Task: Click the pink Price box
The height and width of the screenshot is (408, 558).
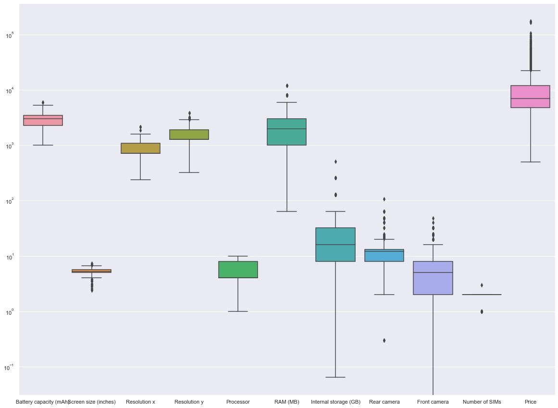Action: point(530,97)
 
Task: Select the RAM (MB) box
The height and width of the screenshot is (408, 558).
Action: point(286,132)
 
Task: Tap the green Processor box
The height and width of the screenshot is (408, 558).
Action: point(238,270)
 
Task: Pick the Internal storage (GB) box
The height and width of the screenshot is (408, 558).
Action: point(335,245)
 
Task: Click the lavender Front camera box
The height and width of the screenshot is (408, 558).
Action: point(433,278)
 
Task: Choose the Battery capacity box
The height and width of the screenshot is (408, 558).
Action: point(43,120)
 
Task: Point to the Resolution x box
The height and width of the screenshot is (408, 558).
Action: point(140,148)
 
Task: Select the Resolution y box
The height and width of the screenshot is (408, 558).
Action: point(189,135)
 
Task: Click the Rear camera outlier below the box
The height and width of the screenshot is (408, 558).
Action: point(384,340)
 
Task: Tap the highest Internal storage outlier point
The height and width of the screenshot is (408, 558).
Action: point(335,161)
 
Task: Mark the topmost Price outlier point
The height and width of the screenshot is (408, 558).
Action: point(531,22)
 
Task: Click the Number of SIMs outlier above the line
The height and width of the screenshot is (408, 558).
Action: point(482,285)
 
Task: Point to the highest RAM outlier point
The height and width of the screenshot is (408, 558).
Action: point(287,86)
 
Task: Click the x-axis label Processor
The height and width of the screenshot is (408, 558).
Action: point(238,402)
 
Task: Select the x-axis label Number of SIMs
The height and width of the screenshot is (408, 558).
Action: point(482,402)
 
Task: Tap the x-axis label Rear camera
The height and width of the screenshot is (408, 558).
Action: point(384,402)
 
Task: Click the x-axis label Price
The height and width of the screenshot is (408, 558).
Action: point(531,402)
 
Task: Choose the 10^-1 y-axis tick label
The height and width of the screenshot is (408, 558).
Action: point(10,367)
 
